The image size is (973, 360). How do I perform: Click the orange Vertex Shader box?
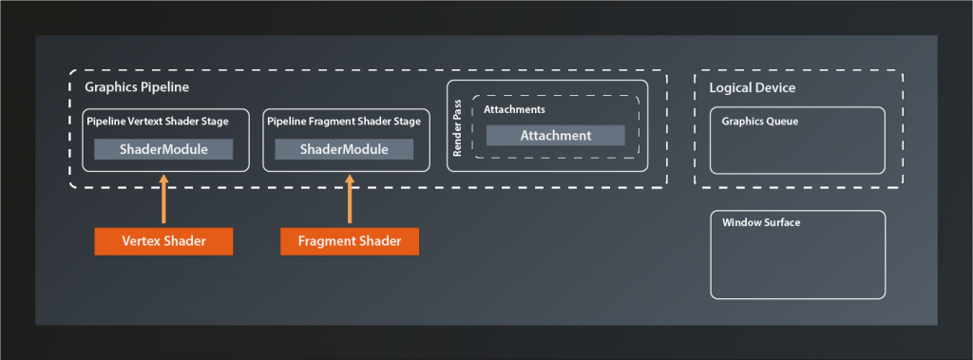click(163, 242)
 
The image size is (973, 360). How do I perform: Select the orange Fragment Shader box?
click(349, 242)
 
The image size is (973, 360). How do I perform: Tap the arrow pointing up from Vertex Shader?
click(163, 200)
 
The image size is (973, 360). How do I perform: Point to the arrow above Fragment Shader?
click(349, 200)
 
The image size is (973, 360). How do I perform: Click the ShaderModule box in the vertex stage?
click(163, 149)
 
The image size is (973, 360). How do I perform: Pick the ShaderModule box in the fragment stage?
click(344, 149)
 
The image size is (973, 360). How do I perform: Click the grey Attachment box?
click(555, 136)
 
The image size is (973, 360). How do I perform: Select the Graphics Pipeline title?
click(137, 87)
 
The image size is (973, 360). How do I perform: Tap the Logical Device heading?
click(753, 88)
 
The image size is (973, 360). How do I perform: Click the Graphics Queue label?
click(759, 122)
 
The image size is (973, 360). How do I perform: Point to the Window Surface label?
click(761, 223)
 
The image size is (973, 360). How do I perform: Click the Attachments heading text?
click(514, 110)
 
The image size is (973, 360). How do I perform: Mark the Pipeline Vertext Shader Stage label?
click(157, 122)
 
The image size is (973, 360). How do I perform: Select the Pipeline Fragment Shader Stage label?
click(342, 122)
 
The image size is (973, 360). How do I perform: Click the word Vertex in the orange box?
click(142, 242)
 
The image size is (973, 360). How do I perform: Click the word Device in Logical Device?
click(774, 88)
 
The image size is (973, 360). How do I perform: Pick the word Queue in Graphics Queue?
click(782, 122)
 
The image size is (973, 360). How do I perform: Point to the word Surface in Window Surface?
click(782, 223)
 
